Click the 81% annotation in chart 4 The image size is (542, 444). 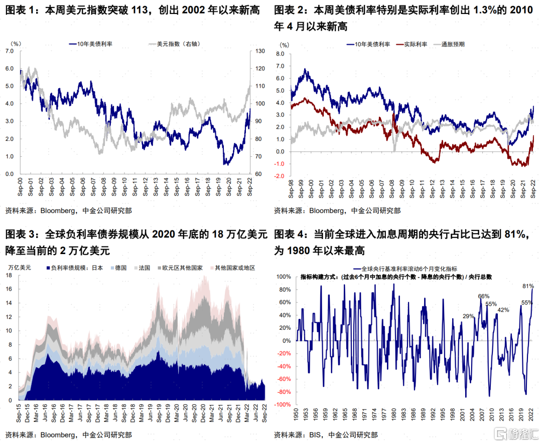click(527, 286)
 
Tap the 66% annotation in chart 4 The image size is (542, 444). click(483, 296)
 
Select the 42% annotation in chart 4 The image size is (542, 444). click(503, 310)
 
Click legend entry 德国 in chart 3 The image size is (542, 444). click(119, 268)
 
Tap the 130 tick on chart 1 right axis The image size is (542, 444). click(259, 51)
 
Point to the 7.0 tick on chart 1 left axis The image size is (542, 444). click(9, 51)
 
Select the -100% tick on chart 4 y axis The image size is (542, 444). click(283, 404)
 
